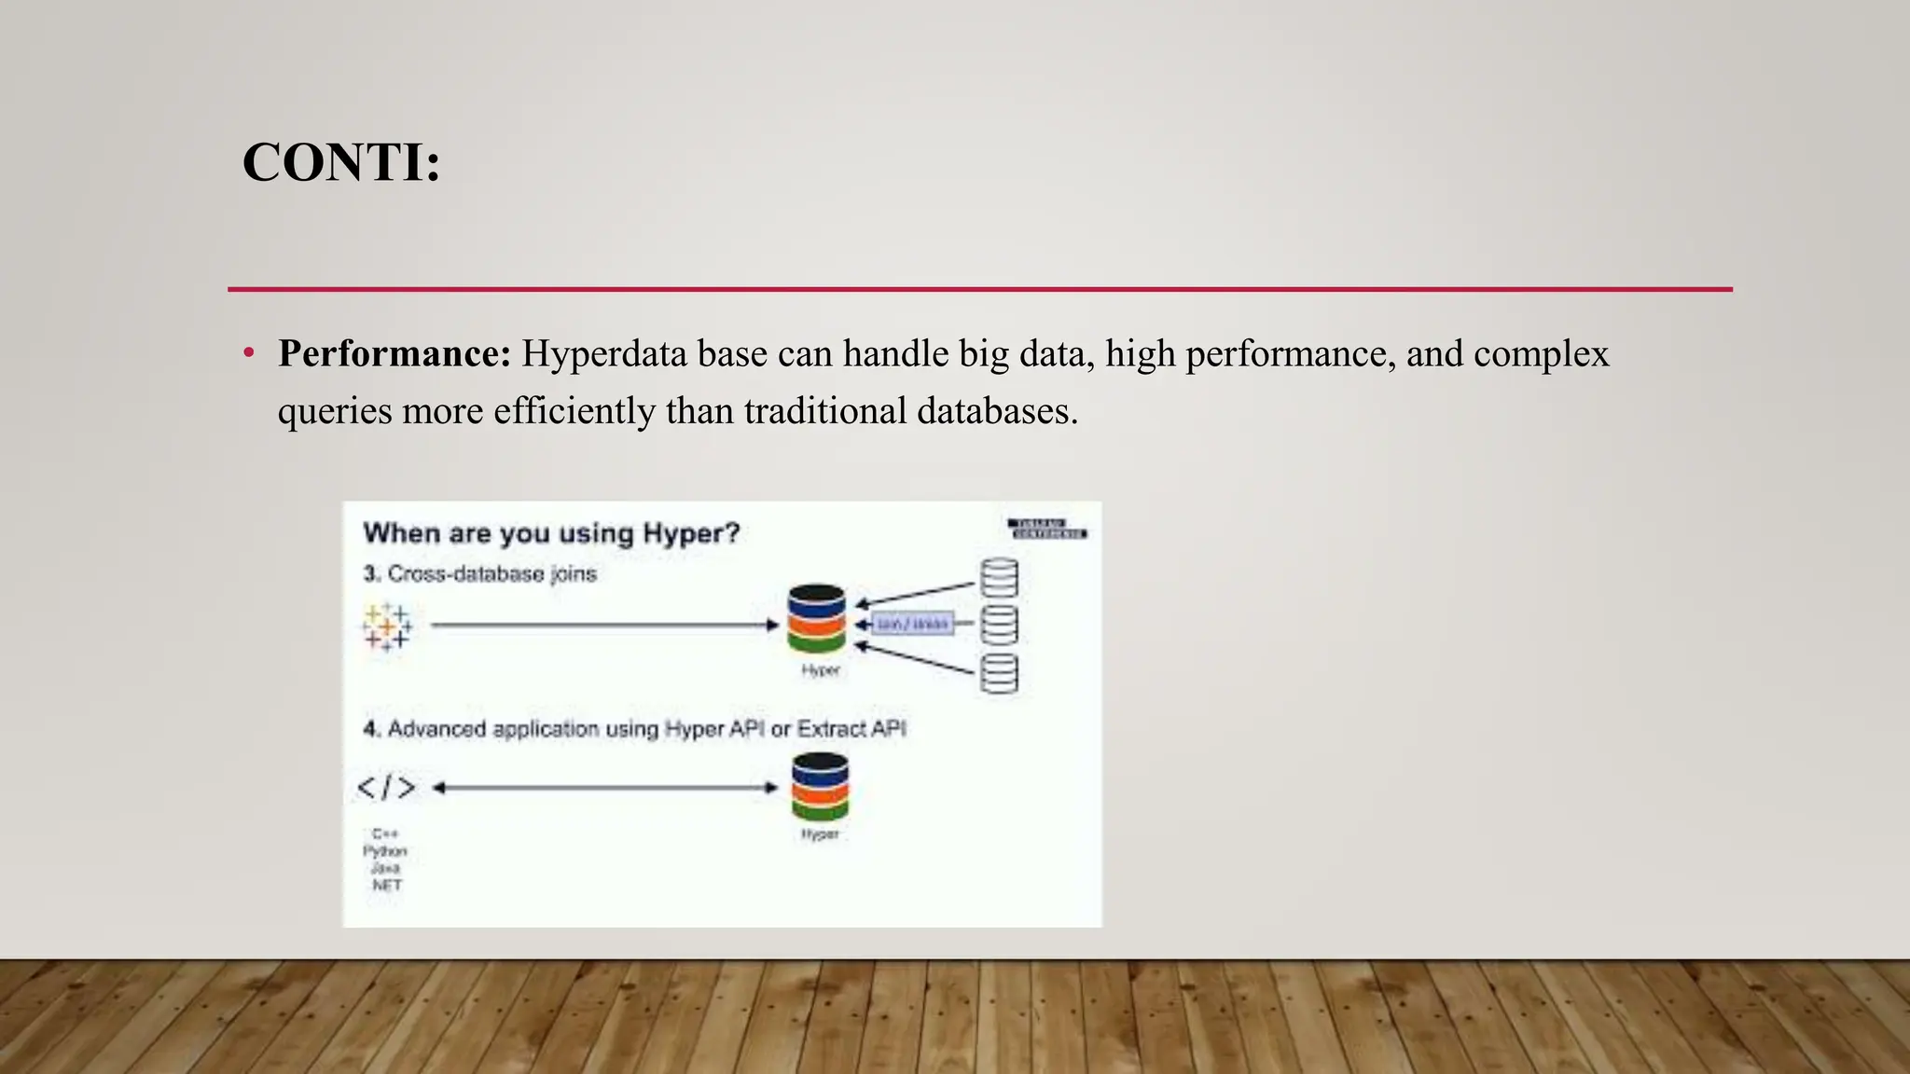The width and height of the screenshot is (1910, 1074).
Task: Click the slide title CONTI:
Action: [x=340, y=162]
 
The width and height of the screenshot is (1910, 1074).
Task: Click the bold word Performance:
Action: [x=394, y=354]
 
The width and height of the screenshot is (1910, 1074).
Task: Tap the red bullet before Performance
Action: [x=248, y=354]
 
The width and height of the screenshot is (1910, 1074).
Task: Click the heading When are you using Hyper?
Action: [x=551, y=533]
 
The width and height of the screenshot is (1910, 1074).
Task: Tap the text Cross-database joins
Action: [x=491, y=573]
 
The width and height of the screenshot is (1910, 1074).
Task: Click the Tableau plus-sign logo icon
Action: [x=387, y=626]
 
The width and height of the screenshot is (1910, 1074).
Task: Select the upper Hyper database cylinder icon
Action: [x=816, y=618]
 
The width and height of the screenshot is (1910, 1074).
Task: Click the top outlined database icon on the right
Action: [x=999, y=578]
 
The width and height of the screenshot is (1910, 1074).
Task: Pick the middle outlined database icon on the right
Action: [x=999, y=625]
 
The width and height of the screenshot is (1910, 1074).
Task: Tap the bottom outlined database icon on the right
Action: [x=999, y=673]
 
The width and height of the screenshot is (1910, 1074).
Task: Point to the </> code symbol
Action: [x=386, y=788]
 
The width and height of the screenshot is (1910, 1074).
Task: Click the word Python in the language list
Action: [x=385, y=851]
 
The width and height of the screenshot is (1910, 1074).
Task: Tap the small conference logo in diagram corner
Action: [x=1047, y=529]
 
